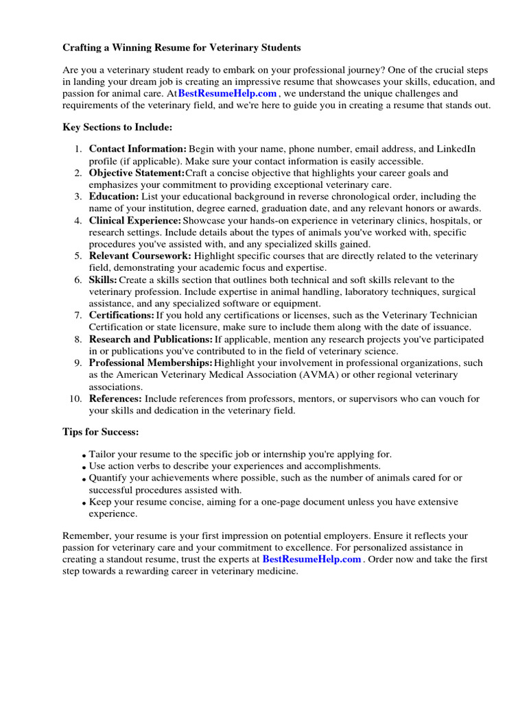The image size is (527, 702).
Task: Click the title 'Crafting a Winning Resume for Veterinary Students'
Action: point(182,48)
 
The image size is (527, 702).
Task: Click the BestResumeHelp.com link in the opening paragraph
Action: point(228,93)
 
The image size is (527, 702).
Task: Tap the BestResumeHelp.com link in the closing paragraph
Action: point(312,559)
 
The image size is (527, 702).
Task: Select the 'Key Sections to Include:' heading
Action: point(117,128)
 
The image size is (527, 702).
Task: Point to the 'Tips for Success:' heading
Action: point(101,432)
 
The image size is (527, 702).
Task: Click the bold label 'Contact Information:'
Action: point(138,149)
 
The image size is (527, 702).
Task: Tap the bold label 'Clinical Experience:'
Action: point(135,220)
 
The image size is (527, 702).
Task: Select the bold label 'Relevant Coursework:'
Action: point(140,256)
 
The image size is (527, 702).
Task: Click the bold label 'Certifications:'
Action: point(121,315)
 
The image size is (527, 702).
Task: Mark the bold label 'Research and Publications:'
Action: point(151,339)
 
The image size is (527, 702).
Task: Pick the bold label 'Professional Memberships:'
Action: point(151,363)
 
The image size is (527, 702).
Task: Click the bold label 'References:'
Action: point(115,398)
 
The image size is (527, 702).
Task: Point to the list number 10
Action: point(75,398)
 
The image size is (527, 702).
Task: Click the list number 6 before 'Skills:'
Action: point(78,280)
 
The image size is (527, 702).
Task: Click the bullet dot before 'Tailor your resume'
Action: point(84,455)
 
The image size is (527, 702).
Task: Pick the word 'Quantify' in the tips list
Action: point(108,477)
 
